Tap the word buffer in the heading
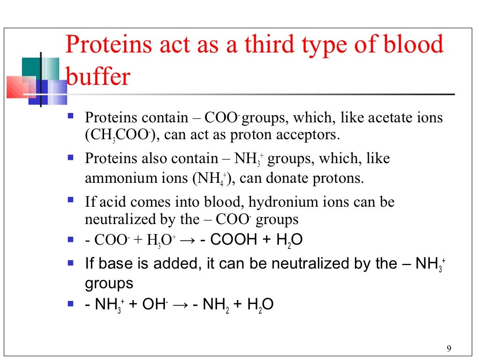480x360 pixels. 98,77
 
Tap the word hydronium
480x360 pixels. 278,202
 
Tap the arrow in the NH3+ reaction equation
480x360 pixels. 180,305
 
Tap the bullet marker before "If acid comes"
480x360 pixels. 71,200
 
